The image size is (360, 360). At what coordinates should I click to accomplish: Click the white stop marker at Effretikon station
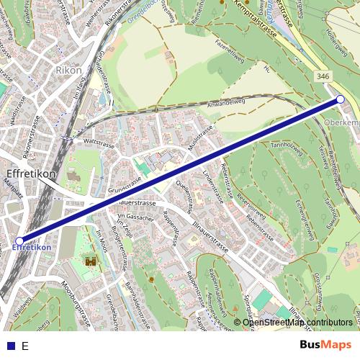[x=19, y=241]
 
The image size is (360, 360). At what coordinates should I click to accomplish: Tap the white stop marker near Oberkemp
[x=341, y=100]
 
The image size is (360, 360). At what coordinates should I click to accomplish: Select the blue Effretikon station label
[x=32, y=248]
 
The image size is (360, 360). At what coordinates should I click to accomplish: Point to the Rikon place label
[x=68, y=71]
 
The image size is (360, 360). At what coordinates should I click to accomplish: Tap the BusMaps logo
[x=326, y=345]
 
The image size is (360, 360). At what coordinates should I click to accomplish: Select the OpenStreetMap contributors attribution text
[x=297, y=323]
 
